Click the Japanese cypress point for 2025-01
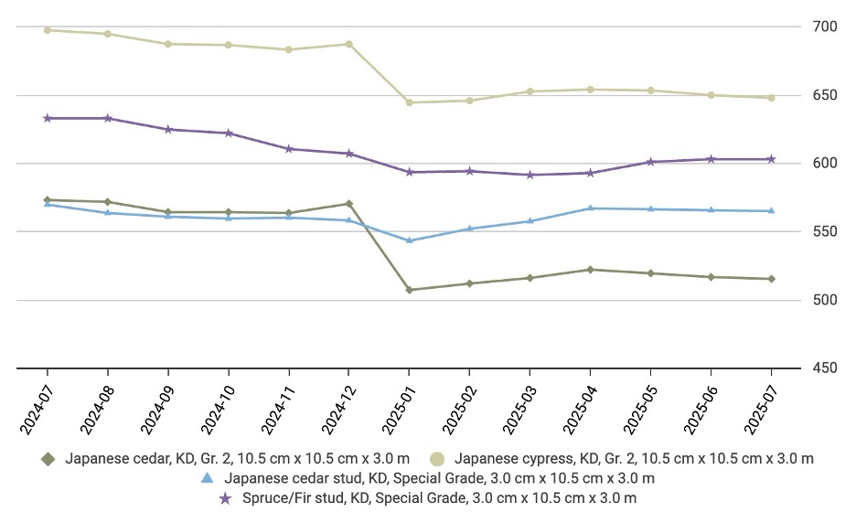(409, 102)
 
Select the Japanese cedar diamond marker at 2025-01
(409, 290)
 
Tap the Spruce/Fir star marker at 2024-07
(48, 118)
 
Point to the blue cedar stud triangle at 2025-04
(590, 208)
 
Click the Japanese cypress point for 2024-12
(348, 44)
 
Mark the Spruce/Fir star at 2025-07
(771, 159)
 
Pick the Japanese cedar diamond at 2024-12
(348, 204)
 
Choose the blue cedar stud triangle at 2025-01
(409, 240)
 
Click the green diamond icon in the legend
(48, 459)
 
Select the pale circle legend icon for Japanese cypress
(437, 459)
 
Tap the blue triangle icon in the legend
(208, 478)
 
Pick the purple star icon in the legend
(224, 498)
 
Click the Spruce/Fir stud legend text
(439, 498)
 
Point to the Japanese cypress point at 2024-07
(48, 30)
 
